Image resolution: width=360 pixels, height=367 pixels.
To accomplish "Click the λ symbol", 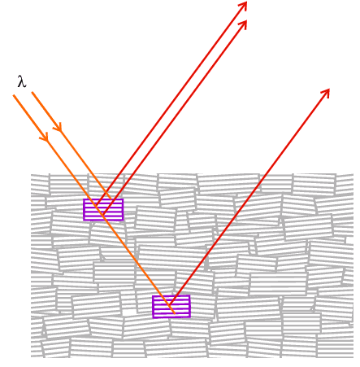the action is [x=22, y=81].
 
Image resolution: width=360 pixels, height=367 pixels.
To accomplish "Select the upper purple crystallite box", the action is [x=103, y=199].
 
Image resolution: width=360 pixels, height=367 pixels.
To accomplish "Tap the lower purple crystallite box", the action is [x=171, y=296].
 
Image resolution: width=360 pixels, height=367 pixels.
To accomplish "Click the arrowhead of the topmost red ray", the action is [x=244, y=6].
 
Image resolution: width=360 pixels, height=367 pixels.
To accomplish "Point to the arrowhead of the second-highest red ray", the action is [x=243, y=24].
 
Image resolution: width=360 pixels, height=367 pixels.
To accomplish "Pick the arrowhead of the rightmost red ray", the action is [x=326, y=93].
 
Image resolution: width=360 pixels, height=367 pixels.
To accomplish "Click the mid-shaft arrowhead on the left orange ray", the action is [x=45, y=137].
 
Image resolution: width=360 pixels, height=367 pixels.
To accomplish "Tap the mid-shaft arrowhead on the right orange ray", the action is [x=59, y=127].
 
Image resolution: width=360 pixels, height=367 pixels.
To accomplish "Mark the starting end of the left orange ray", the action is [x=14, y=95].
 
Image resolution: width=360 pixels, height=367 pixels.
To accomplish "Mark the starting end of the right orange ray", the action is [x=32, y=92].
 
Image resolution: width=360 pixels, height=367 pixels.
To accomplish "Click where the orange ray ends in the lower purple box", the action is [x=175, y=313].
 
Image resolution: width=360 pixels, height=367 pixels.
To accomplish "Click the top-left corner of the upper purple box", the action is [x=84, y=199].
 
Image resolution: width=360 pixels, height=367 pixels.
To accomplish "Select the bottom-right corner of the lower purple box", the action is [x=190, y=317].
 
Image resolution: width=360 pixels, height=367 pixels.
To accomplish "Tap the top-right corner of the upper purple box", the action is [x=124, y=199].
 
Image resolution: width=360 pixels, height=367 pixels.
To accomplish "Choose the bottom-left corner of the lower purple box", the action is [x=153, y=317].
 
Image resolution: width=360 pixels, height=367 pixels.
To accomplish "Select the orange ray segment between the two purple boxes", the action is [x=138, y=264].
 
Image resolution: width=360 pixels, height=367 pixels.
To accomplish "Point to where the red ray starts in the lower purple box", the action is [x=170, y=304].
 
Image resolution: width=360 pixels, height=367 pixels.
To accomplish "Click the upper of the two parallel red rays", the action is [x=171, y=103].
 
